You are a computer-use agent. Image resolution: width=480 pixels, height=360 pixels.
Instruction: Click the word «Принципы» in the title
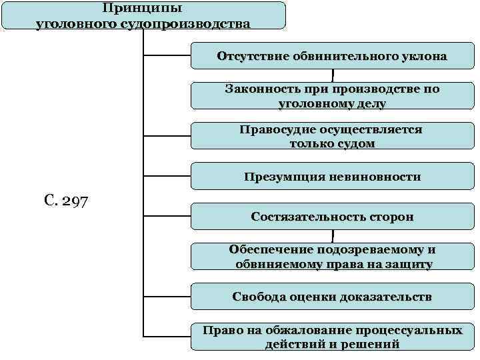143,9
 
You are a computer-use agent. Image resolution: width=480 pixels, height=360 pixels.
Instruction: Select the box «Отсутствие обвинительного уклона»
332,56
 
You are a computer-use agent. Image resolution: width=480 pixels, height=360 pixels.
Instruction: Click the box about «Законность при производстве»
332,96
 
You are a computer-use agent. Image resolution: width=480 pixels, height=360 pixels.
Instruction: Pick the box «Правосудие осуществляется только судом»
332,136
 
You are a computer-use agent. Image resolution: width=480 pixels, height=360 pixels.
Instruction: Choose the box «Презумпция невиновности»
332,177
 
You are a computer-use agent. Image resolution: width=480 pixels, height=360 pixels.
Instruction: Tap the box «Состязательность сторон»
332,217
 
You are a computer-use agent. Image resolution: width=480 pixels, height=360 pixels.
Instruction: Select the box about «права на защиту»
332,257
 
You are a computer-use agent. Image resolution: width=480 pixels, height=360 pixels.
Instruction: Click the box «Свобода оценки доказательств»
332,297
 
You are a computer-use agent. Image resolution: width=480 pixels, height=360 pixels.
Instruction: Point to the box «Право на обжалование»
332,337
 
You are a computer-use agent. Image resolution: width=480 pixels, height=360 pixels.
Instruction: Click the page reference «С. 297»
65,200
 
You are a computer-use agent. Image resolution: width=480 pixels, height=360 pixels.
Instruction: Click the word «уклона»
420,56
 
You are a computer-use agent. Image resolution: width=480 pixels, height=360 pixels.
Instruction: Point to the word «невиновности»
379,177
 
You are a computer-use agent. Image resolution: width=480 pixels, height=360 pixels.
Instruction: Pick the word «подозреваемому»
350,249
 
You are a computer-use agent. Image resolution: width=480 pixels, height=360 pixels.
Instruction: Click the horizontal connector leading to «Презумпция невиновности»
167,177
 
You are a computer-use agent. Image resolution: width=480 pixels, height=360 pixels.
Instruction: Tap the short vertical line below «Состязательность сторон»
332,236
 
